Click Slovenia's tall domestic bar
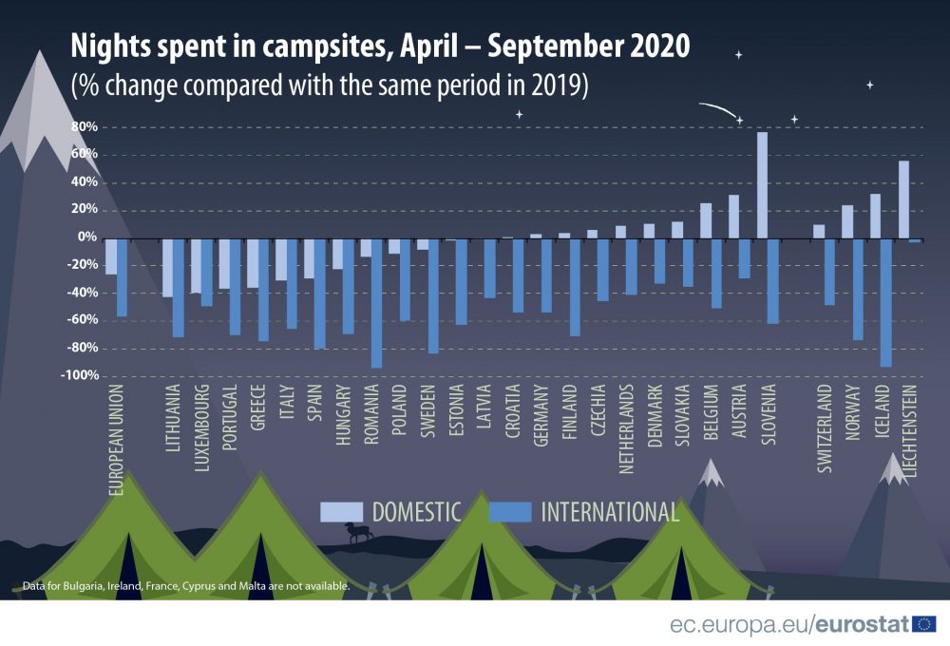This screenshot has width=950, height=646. point(762,185)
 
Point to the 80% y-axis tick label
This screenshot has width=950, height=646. point(85,126)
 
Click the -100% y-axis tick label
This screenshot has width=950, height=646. point(81,376)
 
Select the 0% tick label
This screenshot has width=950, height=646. point(87,237)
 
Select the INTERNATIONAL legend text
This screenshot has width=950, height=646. point(610,511)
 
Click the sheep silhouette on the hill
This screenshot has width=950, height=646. point(359,533)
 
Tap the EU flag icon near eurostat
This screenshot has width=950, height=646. point(924,623)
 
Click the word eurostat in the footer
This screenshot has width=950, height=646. point(861,624)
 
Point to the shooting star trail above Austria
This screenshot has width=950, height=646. point(718,108)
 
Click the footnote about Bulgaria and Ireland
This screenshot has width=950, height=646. point(180,586)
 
